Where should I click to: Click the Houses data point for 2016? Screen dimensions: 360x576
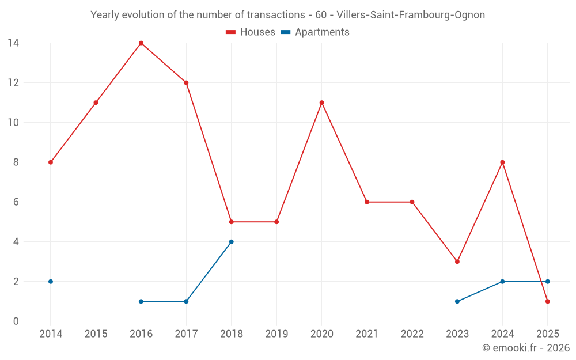(141, 43)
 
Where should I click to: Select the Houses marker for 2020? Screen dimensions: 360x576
(321, 103)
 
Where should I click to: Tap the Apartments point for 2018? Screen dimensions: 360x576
(232, 242)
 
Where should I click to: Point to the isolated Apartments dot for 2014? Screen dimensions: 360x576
(51, 282)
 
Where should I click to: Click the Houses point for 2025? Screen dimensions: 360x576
(547, 301)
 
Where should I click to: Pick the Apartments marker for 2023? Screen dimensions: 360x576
(457, 301)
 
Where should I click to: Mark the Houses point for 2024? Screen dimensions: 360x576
(502, 162)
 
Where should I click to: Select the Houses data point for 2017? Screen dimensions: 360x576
(186, 83)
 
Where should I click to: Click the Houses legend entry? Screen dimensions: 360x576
(251, 32)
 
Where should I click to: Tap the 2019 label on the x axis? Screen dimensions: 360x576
(276, 334)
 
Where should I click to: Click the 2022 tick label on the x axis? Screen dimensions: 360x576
(412, 334)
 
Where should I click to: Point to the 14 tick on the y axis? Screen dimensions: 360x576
(13, 43)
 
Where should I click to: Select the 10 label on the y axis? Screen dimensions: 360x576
(13, 123)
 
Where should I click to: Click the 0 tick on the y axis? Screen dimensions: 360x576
(16, 321)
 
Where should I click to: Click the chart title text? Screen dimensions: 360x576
(287, 15)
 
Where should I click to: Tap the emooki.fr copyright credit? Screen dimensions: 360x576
(525, 348)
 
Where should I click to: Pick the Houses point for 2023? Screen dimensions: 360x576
(457, 262)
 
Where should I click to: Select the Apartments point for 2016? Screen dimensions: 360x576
(141, 301)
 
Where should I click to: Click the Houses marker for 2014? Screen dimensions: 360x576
(51, 162)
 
